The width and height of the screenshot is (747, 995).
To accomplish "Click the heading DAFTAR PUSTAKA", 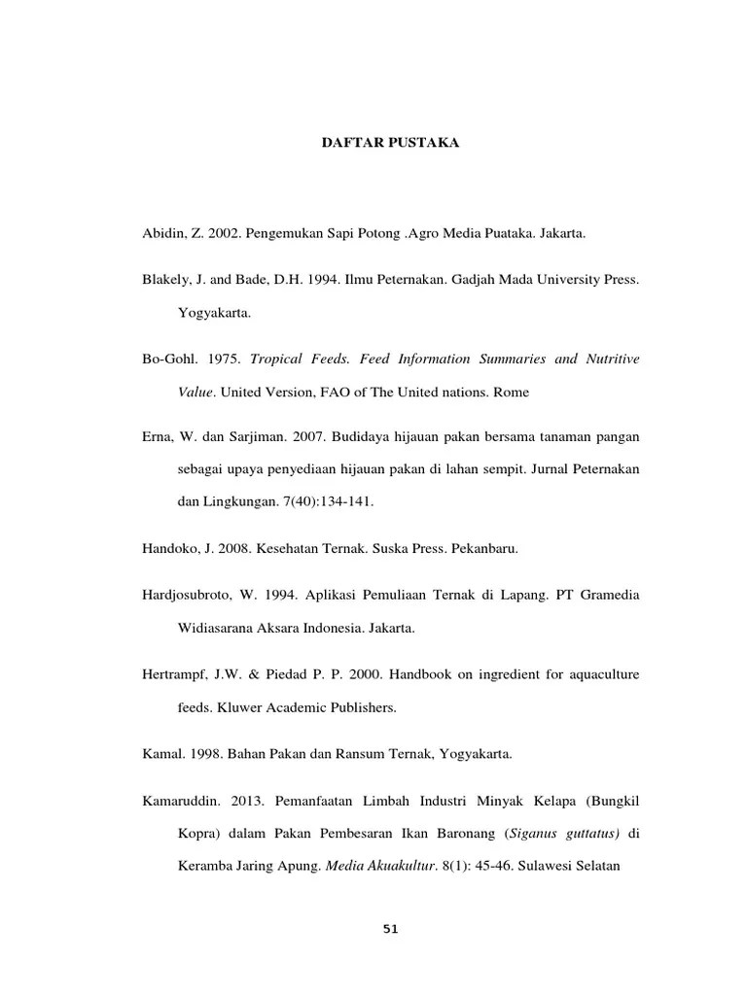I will (x=391, y=143).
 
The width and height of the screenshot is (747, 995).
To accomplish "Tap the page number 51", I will (x=391, y=929).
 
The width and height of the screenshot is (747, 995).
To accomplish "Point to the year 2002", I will (x=223, y=234).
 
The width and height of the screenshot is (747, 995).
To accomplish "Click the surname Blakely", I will (x=165, y=280).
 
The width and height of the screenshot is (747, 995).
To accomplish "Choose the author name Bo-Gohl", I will (x=166, y=360).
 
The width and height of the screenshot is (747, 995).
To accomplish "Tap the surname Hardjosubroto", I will (x=189, y=595).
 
